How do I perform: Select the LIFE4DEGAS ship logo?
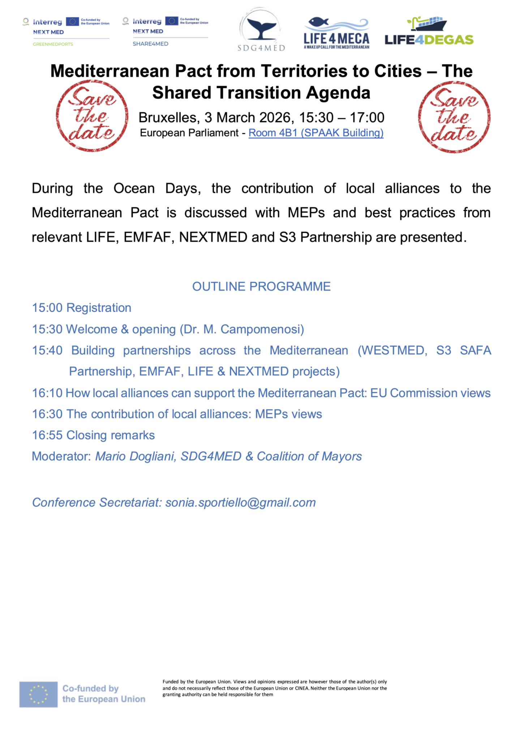[x=429, y=31]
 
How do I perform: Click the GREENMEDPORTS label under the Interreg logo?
[x=53, y=44]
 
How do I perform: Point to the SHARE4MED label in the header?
[x=150, y=44]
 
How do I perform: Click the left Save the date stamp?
[x=92, y=116]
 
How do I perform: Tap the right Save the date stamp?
[x=454, y=116]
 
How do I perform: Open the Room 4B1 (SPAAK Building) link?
[x=316, y=133]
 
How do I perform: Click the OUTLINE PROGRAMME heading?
[x=261, y=287]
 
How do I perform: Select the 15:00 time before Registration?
[x=47, y=308]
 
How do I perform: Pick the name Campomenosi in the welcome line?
[x=261, y=329]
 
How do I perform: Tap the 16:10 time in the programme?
[x=47, y=393]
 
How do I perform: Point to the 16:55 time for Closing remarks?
[x=47, y=435]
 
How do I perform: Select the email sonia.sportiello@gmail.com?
[x=240, y=503]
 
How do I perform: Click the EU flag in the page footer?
[x=38, y=694]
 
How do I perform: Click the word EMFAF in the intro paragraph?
[x=147, y=237]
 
